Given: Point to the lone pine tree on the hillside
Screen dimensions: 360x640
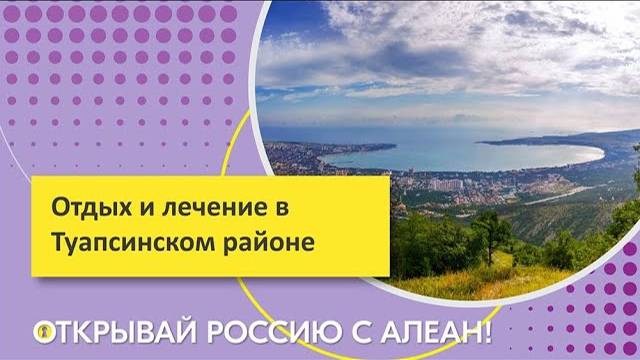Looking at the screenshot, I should click(491, 230).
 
